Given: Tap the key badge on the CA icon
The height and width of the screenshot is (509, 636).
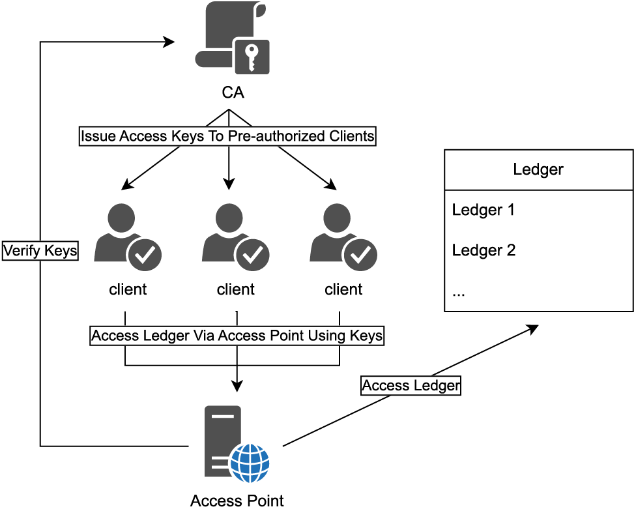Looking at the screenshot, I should pos(251,56).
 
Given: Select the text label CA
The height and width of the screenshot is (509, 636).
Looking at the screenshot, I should pos(233,93).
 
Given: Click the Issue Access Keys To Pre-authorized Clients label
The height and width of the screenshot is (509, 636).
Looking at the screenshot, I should pos(228,137).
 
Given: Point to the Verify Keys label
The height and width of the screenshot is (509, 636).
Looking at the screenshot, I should pos(40,250).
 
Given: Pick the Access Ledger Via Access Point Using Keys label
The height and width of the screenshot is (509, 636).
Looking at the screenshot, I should pos(237,336).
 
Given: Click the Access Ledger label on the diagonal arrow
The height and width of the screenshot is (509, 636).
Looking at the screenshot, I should pos(411,386).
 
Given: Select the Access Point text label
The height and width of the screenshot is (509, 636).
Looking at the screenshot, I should pos(237,501).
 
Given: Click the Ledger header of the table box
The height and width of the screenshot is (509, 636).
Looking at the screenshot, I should pos(538,169).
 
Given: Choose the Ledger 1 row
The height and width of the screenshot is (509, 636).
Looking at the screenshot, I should pos(484,210).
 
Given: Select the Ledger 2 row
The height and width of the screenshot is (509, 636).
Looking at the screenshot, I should pos(484,250).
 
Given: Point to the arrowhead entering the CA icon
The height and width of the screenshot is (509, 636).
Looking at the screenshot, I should pos(169,42).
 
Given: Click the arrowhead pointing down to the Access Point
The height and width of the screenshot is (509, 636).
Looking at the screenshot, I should pos(237,386).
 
